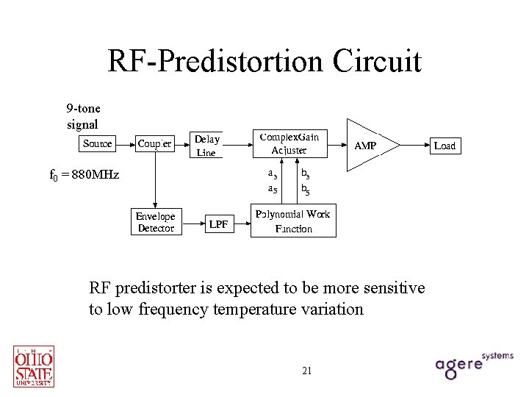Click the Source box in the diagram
click(98, 144)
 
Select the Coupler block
click(155, 144)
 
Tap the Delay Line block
click(206, 146)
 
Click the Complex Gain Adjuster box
click(289, 143)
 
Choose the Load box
click(445, 146)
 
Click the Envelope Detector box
click(156, 222)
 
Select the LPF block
click(218, 223)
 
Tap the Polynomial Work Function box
click(293, 221)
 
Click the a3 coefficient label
click(272, 174)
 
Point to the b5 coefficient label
click(305, 190)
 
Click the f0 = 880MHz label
click(84, 175)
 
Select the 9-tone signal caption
click(83, 117)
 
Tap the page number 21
click(307, 371)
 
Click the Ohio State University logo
click(34, 365)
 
